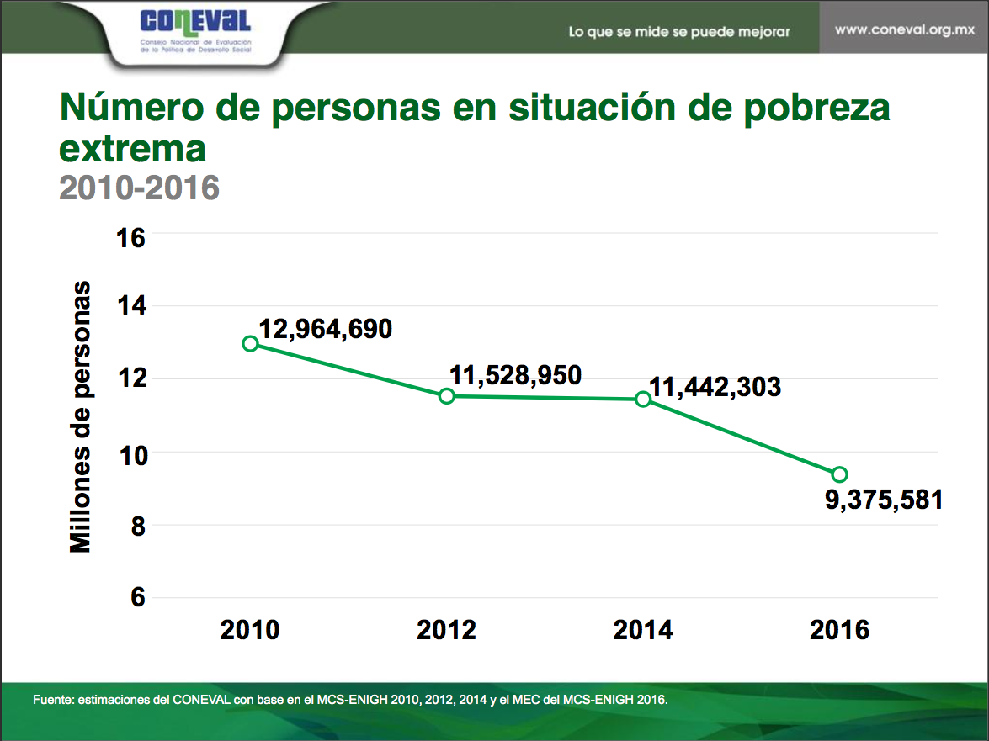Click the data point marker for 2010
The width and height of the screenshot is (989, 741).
click(x=250, y=343)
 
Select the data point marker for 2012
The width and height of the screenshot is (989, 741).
click(x=447, y=395)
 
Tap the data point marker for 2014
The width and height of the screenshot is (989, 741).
click(x=643, y=399)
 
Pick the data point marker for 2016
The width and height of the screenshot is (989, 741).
click(x=839, y=474)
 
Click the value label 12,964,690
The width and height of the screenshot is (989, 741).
click(x=325, y=329)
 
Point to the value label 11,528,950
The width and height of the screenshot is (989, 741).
click(x=515, y=375)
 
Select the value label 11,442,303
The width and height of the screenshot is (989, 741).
click(x=715, y=387)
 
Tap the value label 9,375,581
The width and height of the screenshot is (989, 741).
click(x=884, y=500)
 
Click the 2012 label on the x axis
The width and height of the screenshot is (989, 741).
click(x=446, y=630)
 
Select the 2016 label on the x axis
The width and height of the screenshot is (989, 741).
click(x=839, y=630)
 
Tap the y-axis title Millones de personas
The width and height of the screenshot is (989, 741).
click(x=80, y=416)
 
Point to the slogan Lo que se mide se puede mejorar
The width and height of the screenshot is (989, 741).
click(x=679, y=32)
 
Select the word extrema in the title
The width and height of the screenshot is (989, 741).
click(x=132, y=149)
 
